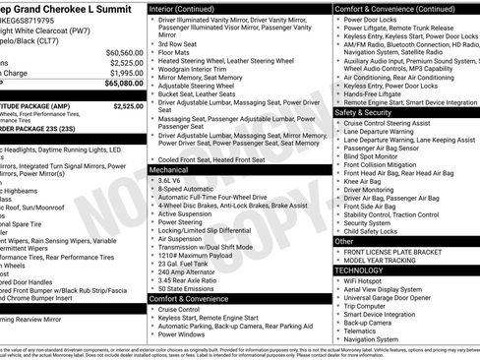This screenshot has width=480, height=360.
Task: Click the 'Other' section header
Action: pyautogui.click(x=344, y=240)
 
